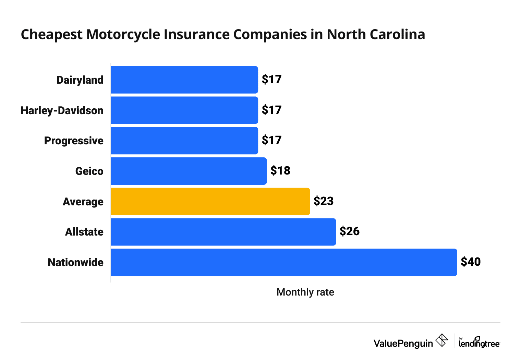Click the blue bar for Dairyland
[184, 80]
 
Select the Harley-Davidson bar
[184, 110]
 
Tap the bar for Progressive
[184, 141]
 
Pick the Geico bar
[189, 171]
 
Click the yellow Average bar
[210, 202]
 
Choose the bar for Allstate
[223, 232]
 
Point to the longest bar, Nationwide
[284, 262]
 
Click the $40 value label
[471, 262]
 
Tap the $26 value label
[349, 231]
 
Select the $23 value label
[324, 201]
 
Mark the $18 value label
[280, 171]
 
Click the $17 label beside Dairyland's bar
[271, 80]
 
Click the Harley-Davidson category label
[62, 110]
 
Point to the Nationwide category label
[75, 262]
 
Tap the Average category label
[83, 202]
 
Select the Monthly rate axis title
[305, 292]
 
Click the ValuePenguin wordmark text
[403, 343]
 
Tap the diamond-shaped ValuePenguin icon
[441, 340]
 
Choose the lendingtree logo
[479, 343]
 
